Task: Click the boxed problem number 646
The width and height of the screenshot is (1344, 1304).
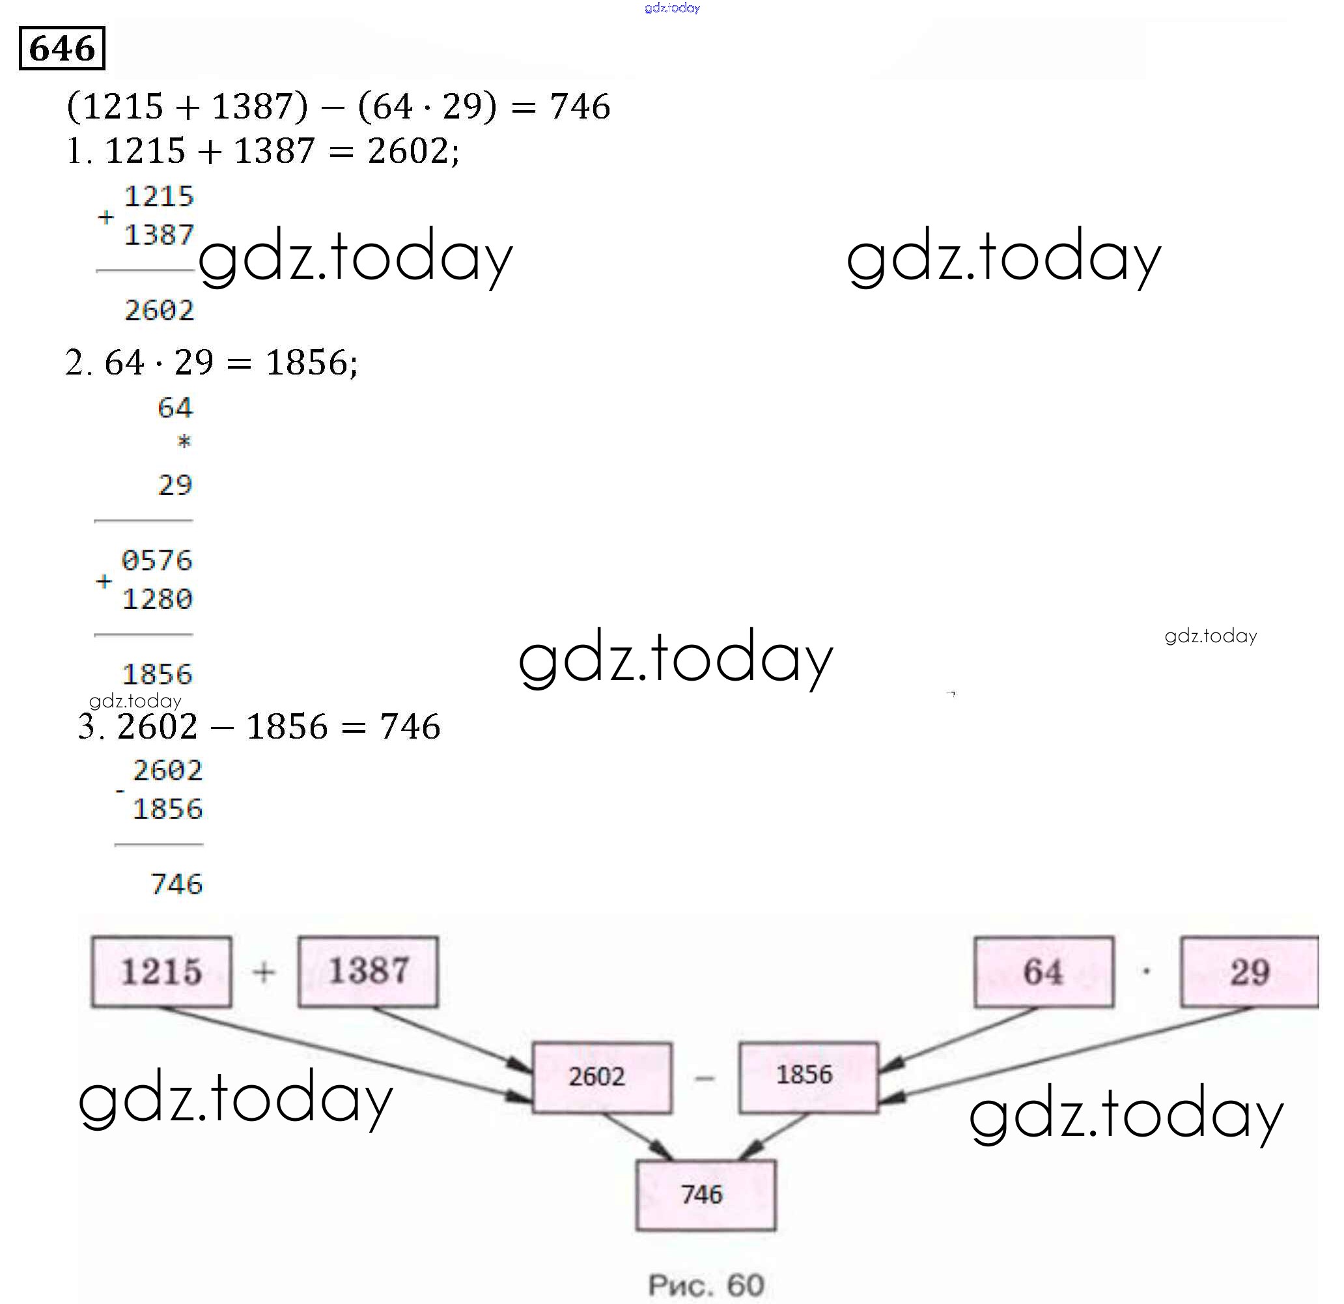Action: click(x=62, y=48)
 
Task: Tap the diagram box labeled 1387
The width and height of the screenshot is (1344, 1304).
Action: click(x=368, y=971)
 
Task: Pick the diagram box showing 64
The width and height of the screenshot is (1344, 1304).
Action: click(x=1044, y=971)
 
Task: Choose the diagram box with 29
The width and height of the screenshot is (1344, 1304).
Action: click(x=1250, y=971)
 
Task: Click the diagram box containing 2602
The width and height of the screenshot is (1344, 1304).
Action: click(x=602, y=1076)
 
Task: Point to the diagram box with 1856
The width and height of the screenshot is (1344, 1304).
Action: click(x=808, y=1075)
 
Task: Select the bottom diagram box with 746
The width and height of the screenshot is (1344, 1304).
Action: click(x=706, y=1194)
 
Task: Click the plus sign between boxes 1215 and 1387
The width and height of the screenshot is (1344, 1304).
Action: click(x=264, y=971)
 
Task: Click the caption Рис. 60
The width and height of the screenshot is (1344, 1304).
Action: click(x=706, y=1284)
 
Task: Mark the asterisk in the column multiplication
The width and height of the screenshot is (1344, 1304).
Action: click(x=184, y=441)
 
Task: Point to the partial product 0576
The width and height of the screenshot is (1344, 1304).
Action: click(x=157, y=560)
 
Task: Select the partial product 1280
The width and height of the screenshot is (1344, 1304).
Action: click(x=157, y=599)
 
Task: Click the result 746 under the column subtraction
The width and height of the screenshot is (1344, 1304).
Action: click(x=176, y=884)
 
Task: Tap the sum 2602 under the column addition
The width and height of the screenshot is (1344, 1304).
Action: click(x=159, y=310)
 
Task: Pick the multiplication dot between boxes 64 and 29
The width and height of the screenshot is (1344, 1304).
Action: click(x=1147, y=971)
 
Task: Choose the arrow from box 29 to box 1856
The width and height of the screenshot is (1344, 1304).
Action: click(x=1070, y=1053)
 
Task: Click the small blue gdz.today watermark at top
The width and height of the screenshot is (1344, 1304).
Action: click(x=672, y=8)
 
